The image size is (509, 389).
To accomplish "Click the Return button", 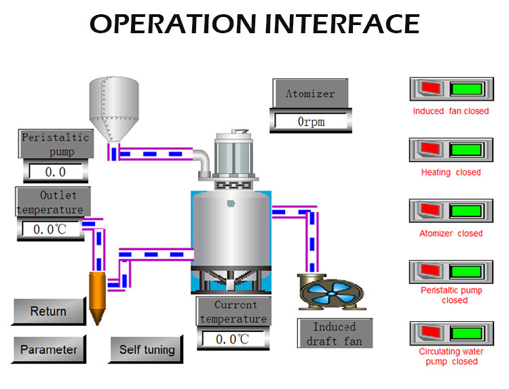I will [48, 312].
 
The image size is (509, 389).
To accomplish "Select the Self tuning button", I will [147, 350].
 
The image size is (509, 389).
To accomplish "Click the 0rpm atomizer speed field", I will [313, 121].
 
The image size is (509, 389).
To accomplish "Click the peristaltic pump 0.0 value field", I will [55, 171].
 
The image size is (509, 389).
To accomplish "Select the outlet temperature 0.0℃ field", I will [50, 229].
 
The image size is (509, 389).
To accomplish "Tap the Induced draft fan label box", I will [335, 333].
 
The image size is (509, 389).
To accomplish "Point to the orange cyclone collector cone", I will [99, 296].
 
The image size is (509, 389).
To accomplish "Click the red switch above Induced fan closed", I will [430, 88].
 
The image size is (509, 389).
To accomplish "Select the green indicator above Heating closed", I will [466, 149].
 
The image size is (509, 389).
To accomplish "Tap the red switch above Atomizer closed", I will [430, 210].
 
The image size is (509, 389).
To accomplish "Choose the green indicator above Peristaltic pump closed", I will [466, 271].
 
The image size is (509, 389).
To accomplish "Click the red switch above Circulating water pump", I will [430, 333].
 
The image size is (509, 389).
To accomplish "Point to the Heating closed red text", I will [451, 172].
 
